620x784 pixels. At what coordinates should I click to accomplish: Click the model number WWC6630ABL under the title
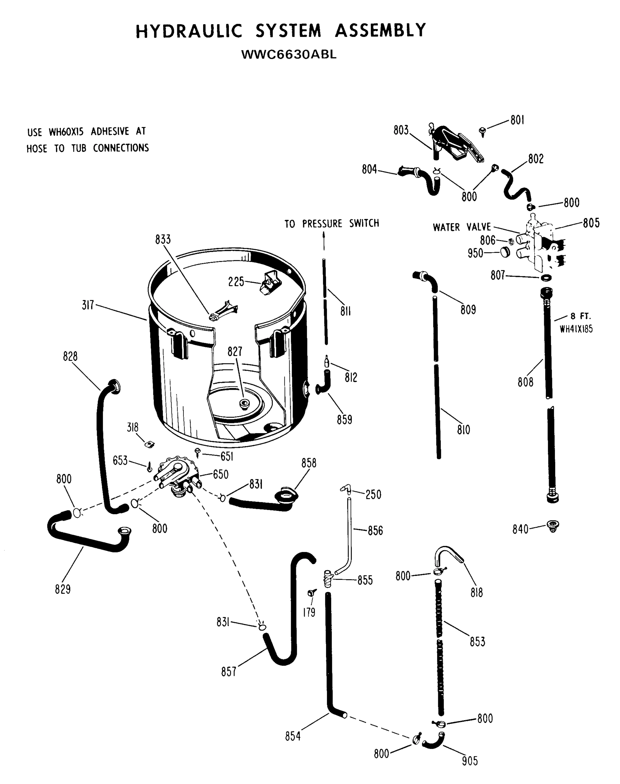click(289, 55)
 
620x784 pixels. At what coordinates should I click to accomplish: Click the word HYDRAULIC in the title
click(189, 31)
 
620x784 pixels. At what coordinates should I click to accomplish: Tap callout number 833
click(163, 240)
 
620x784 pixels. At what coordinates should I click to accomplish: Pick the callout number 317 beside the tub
click(88, 305)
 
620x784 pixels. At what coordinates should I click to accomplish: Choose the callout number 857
click(229, 672)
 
